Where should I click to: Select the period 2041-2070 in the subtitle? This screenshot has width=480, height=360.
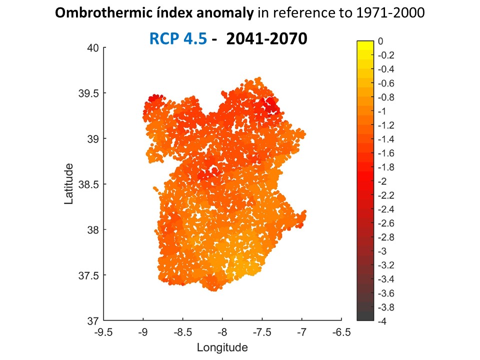click(266, 38)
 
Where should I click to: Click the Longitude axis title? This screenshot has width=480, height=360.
click(222, 347)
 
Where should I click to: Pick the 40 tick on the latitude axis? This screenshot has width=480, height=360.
click(93, 47)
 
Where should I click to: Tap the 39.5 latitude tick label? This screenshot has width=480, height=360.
click(90, 93)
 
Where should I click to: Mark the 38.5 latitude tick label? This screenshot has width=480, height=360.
click(90, 184)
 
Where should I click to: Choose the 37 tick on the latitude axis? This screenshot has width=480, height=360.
click(93, 320)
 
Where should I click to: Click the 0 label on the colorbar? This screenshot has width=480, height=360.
click(380, 41)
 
